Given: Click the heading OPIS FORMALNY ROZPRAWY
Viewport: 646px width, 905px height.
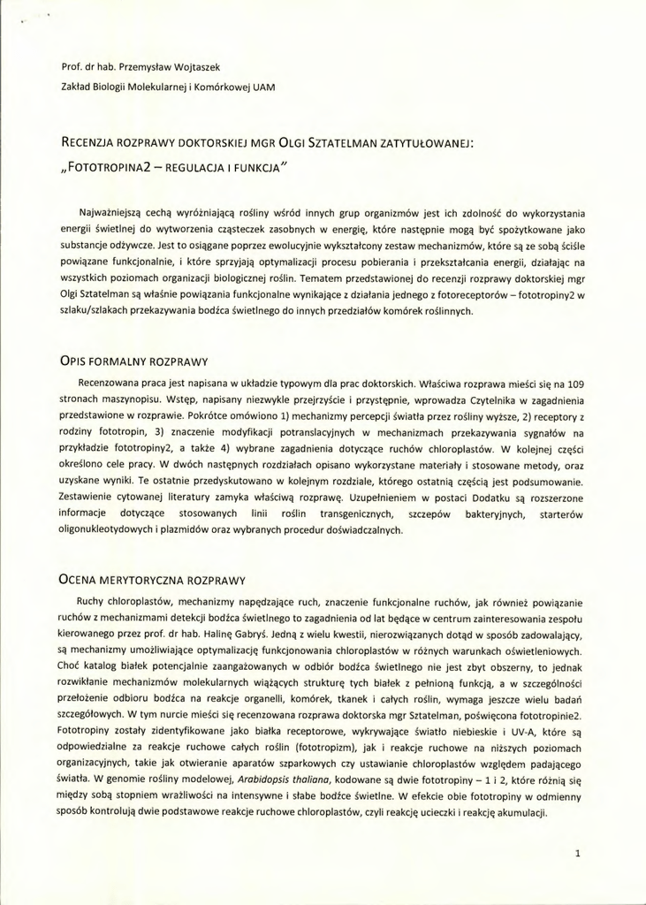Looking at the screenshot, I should click(133, 362).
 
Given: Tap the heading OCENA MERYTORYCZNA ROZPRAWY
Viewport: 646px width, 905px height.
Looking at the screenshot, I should click(151, 581).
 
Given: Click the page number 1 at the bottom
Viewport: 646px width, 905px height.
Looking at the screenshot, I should click(577, 854).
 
